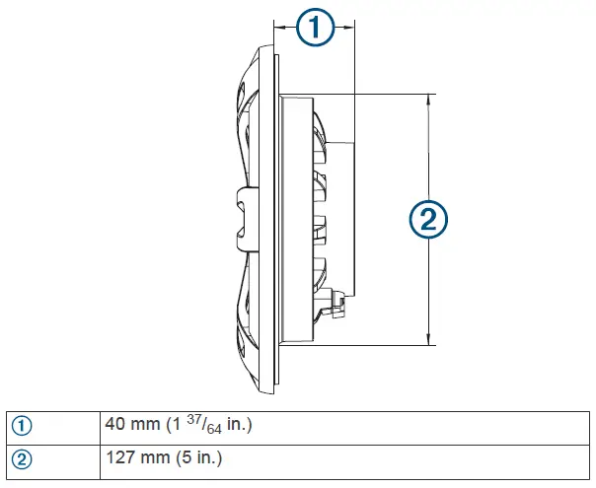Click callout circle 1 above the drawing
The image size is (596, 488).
[314, 29]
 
